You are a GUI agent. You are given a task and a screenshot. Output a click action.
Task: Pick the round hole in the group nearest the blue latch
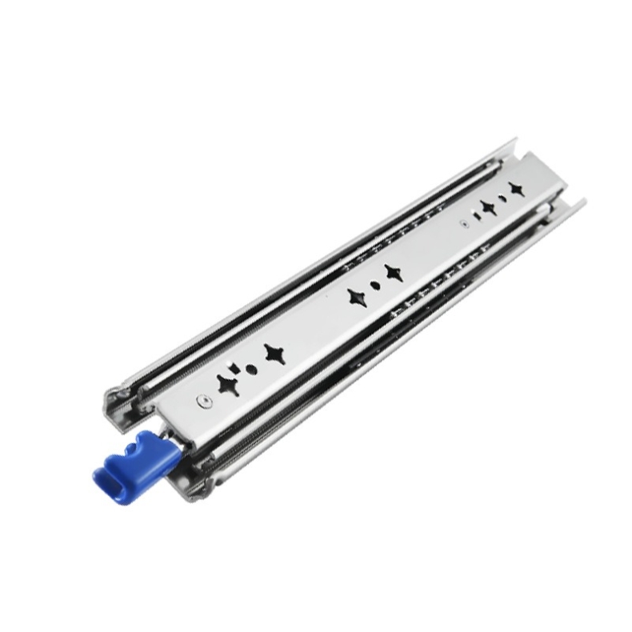pyautogui.click(x=251, y=369)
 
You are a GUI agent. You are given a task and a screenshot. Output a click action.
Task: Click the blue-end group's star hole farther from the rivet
pyautogui.click(x=274, y=353)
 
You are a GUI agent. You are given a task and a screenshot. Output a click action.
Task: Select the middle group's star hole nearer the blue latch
pyautogui.click(x=355, y=298)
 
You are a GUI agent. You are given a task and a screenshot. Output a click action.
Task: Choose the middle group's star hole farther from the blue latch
pyautogui.click(x=392, y=272)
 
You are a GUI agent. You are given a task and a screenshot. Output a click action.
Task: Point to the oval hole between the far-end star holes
pyautogui.click(x=502, y=197)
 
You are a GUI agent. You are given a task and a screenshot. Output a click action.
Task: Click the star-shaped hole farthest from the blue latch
pyautogui.click(x=517, y=189)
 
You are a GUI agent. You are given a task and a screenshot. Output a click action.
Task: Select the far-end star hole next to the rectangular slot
pyautogui.click(x=488, y=207)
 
